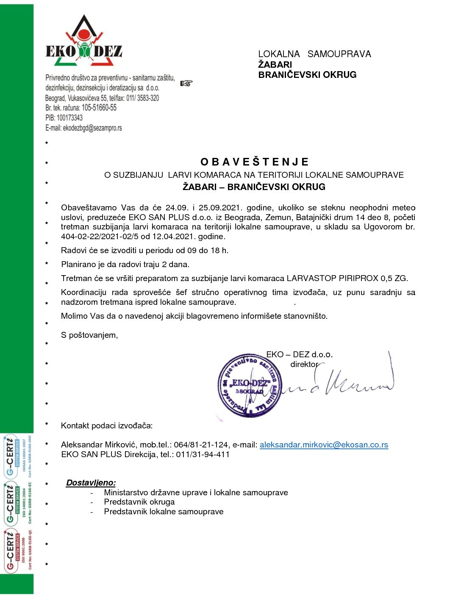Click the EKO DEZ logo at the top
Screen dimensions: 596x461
84,42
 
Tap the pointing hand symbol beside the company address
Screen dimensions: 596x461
186,83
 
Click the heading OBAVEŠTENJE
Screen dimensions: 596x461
254,162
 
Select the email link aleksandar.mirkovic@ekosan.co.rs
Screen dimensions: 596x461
324,445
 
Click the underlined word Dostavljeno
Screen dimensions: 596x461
91,483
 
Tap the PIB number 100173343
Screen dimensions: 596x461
69,118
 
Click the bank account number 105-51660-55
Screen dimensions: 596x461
99,108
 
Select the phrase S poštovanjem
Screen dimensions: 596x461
89,335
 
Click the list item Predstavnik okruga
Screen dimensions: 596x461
139,502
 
